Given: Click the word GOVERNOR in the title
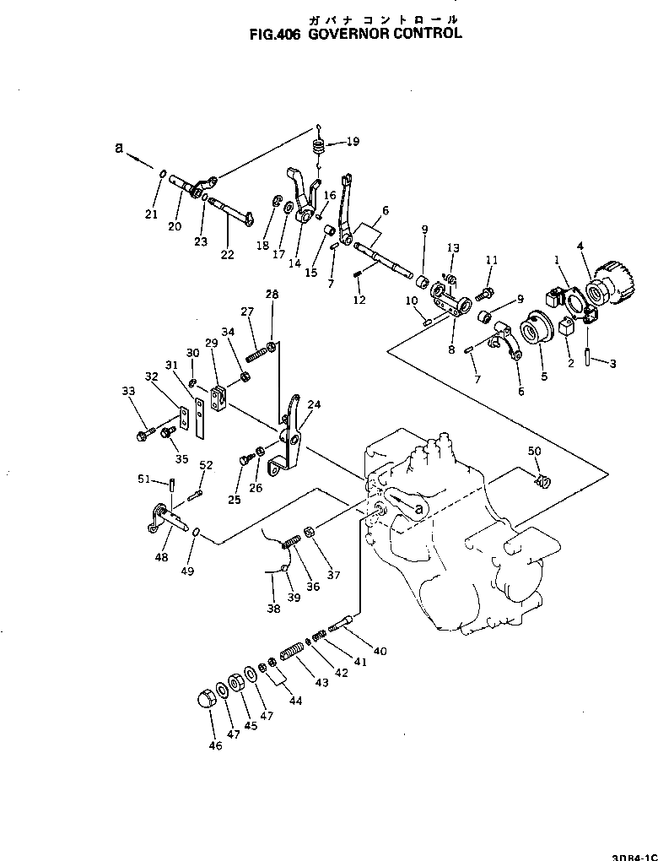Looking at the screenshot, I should coord(347,35).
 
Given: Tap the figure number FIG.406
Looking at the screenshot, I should coord(276,35).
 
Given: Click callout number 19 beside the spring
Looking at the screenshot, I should coord(352,141).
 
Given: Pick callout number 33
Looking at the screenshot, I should coord(127,391).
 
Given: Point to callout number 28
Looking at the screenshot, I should coord(272,294).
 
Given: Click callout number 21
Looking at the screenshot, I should coord(151,214).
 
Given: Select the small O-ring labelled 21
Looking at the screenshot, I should coord(161,174).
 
